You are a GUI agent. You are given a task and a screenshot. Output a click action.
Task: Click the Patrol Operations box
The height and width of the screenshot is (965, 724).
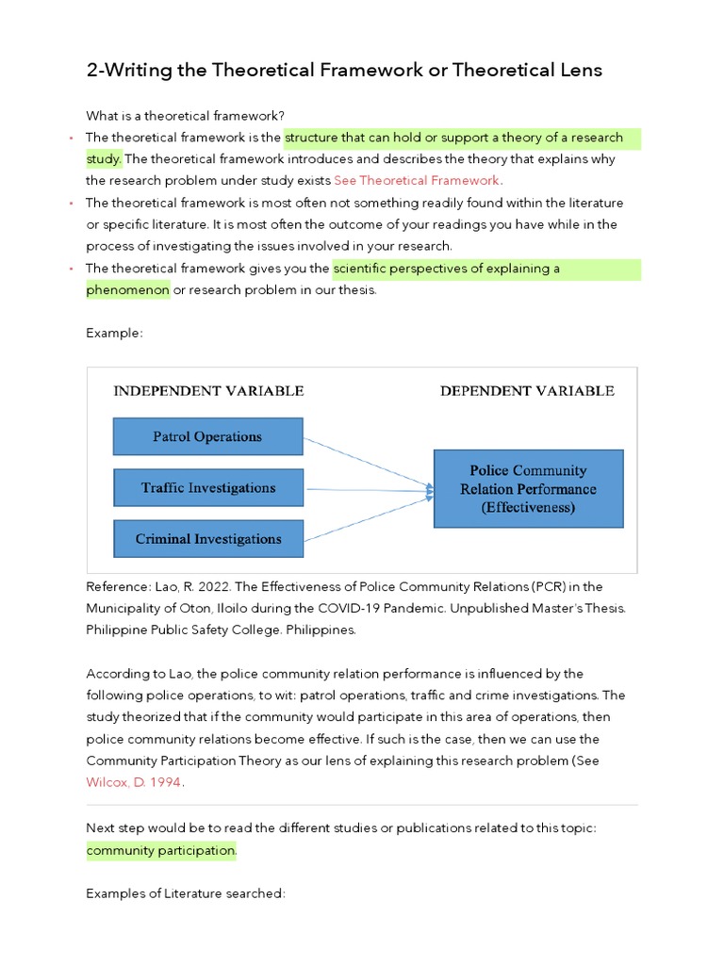[x=207, y=436]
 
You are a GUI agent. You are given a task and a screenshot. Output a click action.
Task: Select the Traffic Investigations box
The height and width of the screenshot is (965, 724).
[x=207, y=488]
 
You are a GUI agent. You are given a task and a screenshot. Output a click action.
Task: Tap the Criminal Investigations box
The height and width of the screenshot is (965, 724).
[x=207, y=539]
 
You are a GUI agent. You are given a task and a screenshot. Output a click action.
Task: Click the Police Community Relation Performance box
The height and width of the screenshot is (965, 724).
[x=527, y=488]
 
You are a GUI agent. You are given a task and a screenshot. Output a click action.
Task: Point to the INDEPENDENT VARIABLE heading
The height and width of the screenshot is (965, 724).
[x=208, y=390]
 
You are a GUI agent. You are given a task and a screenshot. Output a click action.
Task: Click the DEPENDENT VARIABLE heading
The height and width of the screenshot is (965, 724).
[x=527, y=390]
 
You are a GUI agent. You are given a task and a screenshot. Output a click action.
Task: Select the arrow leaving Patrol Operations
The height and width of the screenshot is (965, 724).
[x=368, y=462]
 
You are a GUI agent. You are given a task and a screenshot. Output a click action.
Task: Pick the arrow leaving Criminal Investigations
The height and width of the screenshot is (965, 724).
[x=368, y=519]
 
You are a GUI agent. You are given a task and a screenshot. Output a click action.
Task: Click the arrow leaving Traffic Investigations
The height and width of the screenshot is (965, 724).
[x=368, y=489]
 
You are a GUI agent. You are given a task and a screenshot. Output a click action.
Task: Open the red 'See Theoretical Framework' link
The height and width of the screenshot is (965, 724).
[x=417, y=180]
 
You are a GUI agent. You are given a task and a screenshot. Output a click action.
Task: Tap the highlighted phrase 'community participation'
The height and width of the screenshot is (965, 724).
[x=161, y=850]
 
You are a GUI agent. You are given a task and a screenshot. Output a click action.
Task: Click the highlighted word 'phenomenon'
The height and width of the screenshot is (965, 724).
[x=127, y=289]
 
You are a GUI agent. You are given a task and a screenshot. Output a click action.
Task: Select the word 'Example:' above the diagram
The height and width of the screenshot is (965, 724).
[x=114, y=333]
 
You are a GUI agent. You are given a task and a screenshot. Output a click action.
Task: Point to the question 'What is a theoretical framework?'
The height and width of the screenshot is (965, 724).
[x=185, y=116]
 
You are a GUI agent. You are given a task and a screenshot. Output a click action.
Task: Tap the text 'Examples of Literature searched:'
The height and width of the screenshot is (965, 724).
[x=185, y=892]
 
